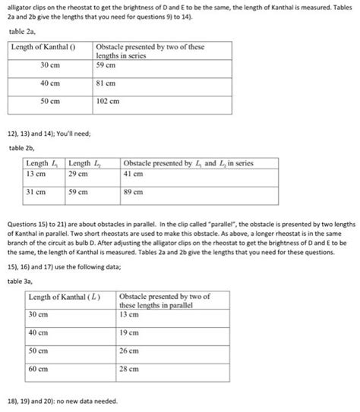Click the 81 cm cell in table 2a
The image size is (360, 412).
[106, 83]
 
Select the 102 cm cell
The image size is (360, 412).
[108, 101]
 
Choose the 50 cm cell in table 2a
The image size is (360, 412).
[50, 101]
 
